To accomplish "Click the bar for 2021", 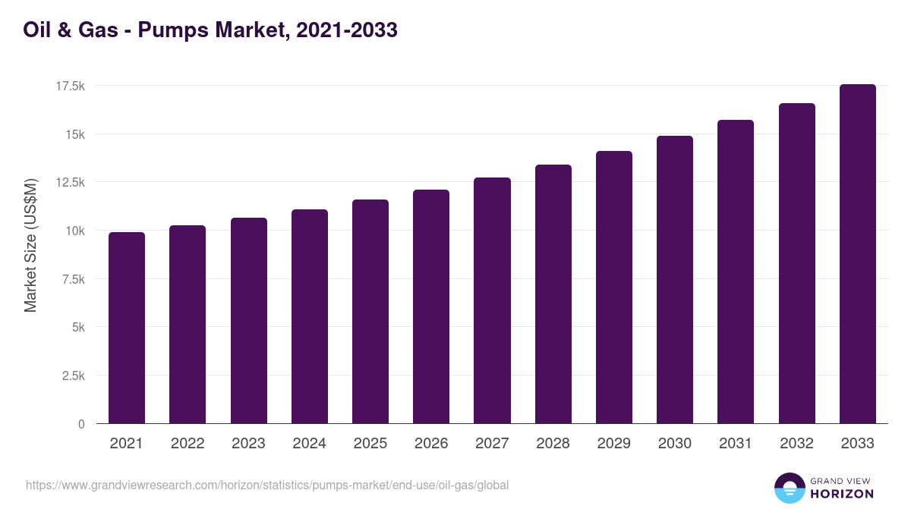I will click(127, 328).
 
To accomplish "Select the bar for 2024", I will click(310, 316).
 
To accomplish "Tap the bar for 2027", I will click(492, 300).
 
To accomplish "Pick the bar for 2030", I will click(675, 280).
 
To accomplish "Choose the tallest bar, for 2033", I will click(857, 254).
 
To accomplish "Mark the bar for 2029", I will click(614, 287).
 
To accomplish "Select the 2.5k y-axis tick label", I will click(73, 375).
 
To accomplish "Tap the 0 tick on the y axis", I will click(81, 424).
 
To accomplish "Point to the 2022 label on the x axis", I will click(188, 444).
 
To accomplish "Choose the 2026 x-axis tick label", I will click(431, 444).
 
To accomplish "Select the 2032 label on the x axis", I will click(796, 444).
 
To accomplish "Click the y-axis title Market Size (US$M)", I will click(30, 244).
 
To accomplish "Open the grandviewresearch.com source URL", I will click(267, 485).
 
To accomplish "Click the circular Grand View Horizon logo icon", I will click(789, 488).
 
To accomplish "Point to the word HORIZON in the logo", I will click(842, 494).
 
